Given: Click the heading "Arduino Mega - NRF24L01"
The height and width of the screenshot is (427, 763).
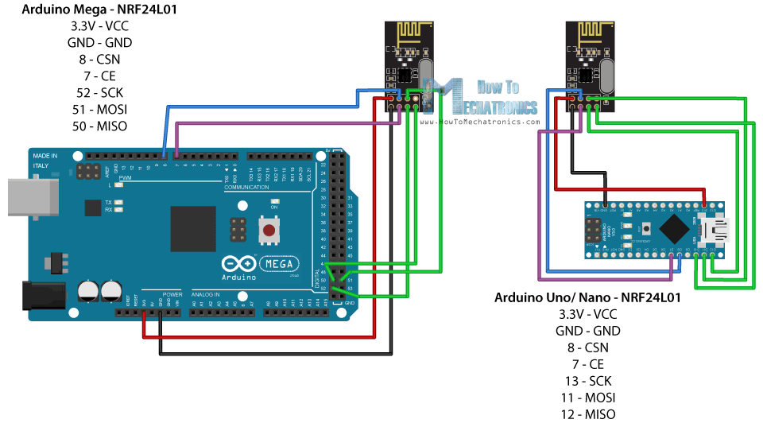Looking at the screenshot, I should pyautogui.click(x=99, y=10).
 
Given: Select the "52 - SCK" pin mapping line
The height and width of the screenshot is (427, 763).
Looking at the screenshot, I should pyautogui.click(x=99, y=93).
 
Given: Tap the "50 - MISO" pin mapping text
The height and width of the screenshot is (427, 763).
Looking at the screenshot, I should pyautogui.click(x=99, y=126).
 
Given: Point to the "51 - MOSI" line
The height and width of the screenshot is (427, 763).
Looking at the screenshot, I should pyautogui.click(x=99, y=110).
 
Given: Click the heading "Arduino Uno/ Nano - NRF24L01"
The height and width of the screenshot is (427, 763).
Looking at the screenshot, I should pyautogui.click(x=587, y=297).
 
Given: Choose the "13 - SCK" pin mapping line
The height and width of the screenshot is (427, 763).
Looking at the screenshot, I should pyautogui.click(x=587, y=380).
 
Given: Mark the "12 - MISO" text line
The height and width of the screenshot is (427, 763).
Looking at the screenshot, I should pyautogui.click(x=587, y=413).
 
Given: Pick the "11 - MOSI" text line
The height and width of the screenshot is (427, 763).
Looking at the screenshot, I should pyautogui.click(x=587, y=397).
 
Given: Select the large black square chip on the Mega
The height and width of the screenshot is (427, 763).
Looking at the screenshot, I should pyautogui.click(x=192, y=229).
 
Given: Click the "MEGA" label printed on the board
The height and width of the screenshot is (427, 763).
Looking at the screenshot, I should pyautogui.click(x=279, y=263).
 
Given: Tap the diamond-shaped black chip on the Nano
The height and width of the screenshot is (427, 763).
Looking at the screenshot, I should pyautogui.click(x=674, y=230).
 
